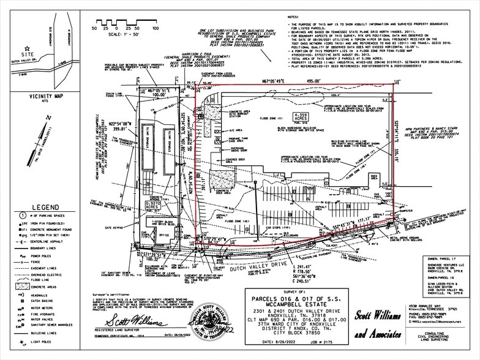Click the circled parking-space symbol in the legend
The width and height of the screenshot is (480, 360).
22,216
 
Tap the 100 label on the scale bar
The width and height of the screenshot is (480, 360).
156,28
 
